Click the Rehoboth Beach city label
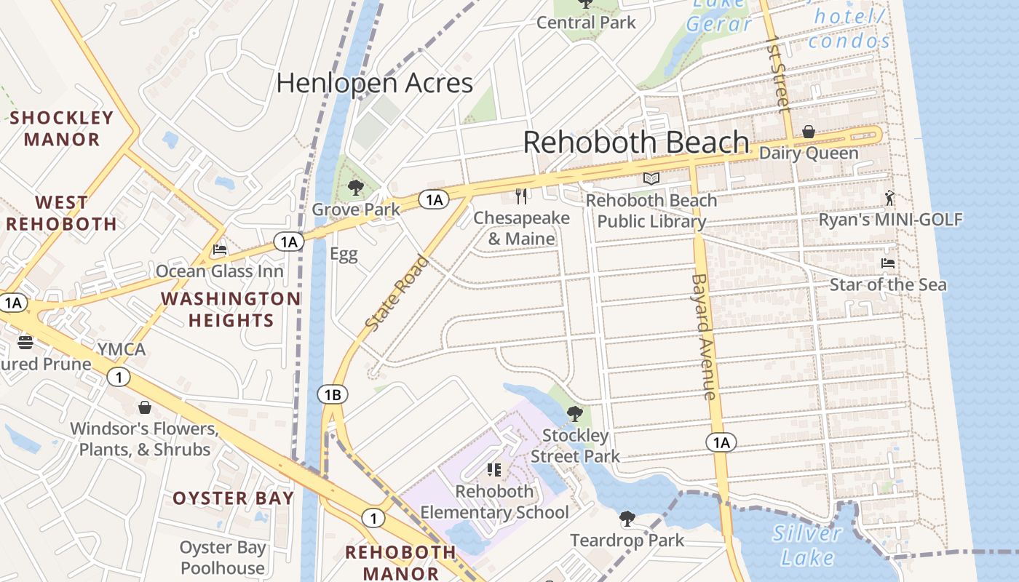(636, 142)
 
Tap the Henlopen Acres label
(375, 83)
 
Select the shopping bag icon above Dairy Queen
(808, 132)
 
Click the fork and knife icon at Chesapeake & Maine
(521, 196)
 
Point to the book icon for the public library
(651, 178)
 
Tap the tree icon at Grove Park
(355, 188)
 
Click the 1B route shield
(333, 395)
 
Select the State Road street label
(397, 293)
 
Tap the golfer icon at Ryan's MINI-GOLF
(889, 198)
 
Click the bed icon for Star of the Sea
(887, 263)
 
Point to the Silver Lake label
(806, 545)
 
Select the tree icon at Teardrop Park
(627, 519)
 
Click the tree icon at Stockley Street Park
(574, 414)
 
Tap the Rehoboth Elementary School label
(494, 501)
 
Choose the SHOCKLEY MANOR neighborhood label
(62, 128)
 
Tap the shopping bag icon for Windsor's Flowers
(145, 407)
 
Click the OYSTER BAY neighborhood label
(233, 498)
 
